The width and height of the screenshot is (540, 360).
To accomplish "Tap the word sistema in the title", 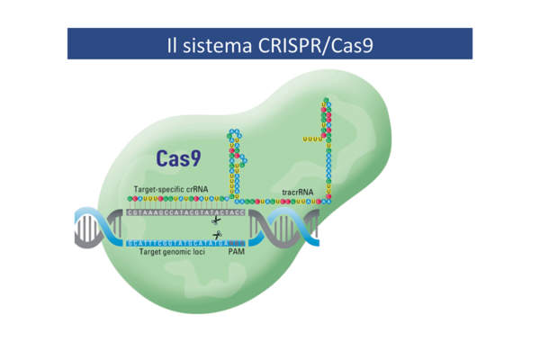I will (x=217, y=43).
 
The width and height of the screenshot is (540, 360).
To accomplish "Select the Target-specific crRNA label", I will (x=170, y=190).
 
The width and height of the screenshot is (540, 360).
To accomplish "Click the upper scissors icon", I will (x=216, y=220).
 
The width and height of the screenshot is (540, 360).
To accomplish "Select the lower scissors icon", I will (x=216, y=235).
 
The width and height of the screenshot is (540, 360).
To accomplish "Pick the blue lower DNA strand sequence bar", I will (x=175, y=242).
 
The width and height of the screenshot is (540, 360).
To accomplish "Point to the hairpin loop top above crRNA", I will (x=236, y=135).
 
